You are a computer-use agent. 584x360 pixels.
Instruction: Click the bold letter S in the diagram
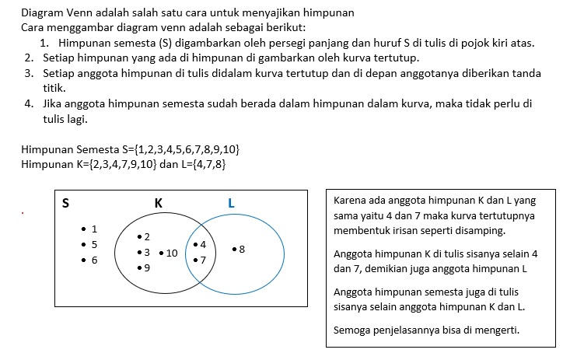[65, 204]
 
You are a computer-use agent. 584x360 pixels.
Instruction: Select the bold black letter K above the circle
[158, 203]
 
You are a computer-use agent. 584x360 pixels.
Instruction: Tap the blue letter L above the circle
[231, 204]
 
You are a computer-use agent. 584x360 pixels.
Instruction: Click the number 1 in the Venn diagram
[94, 229]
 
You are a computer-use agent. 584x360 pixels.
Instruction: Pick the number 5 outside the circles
[94, 244]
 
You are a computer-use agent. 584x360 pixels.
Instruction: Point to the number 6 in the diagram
[94, 260]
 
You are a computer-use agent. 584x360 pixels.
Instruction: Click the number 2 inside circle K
[147, 236]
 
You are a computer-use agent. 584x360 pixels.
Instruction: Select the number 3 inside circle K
[147, 253]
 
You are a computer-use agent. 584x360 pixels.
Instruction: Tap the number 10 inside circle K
[172, 253]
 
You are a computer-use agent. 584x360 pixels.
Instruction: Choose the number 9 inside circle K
[147, 268]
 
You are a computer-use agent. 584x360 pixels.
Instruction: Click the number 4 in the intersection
[203, 245]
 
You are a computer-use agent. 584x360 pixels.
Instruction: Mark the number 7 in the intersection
[203, 260]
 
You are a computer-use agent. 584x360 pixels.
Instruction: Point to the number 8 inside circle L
[242, 250]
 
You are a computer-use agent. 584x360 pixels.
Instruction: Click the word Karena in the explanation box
[350, 198]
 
